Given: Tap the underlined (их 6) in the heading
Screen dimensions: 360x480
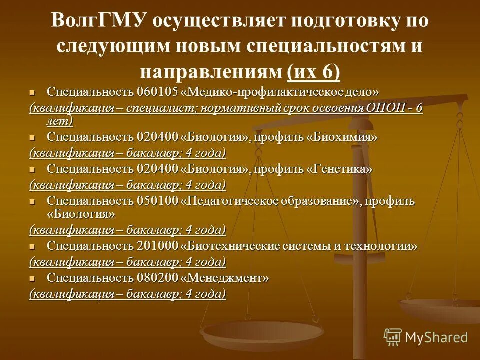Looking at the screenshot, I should click(314, 72).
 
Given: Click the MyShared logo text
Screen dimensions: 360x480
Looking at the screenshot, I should click(436, 337).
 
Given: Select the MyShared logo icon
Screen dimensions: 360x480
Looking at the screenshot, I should click(393, 337).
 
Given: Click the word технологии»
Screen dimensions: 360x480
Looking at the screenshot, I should click(386, 246).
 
